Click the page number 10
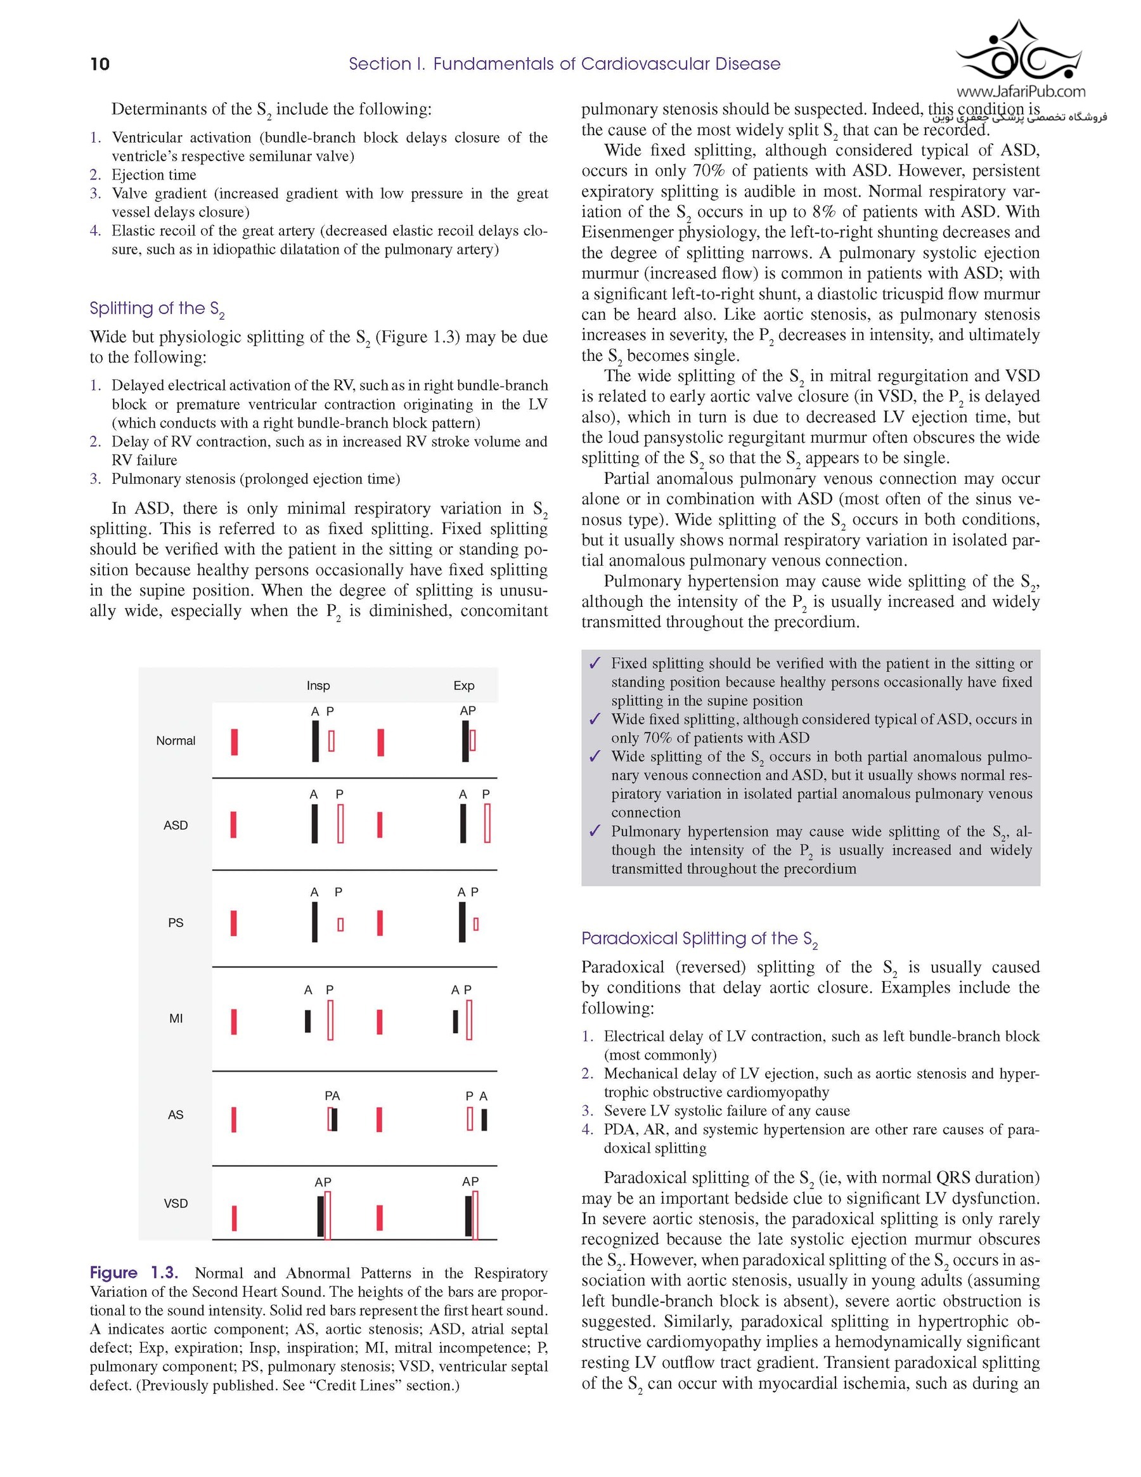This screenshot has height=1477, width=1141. click(100, 64)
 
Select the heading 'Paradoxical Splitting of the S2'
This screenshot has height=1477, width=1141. click(700, 939)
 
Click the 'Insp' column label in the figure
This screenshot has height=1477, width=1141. click(318, 686)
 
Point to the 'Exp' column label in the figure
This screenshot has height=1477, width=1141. click(464, 686)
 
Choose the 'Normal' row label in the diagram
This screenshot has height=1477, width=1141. click(176, 741)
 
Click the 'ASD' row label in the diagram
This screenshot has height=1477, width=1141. click(176, 825)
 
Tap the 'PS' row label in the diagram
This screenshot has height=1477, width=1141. click(176, 923)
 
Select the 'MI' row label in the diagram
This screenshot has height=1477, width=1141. click(176, 1018)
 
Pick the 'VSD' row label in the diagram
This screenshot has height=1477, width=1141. click(176, 1203)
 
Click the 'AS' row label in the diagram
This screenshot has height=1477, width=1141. click(176, 1114)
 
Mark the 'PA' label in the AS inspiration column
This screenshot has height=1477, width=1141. click(332, 1096)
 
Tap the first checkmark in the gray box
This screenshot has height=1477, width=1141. click(595, 663)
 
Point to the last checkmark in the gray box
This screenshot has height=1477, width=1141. click(595, 831)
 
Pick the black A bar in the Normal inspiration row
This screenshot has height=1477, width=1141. click(315, 741)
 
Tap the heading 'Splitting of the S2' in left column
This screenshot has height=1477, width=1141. click(157, 309)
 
